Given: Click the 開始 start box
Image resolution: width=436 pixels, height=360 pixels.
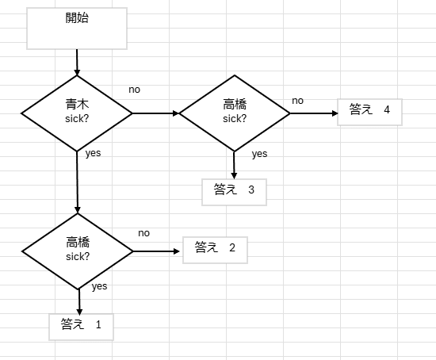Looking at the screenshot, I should pos(77,29).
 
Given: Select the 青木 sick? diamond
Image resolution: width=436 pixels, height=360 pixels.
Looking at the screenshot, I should pos(77,113).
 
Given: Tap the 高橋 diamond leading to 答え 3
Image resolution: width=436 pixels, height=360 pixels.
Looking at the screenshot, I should pos(235,113).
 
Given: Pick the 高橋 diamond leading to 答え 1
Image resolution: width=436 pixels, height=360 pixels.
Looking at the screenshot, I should pos(78,251).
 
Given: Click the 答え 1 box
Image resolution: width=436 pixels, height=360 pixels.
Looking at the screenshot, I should pos(81,326).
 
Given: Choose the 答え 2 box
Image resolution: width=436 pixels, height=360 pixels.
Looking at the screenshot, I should pos(215,249).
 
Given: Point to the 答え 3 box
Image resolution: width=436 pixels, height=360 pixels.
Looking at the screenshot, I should pos(234,190).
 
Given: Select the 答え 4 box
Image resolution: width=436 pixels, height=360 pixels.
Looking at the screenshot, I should pos(369,111).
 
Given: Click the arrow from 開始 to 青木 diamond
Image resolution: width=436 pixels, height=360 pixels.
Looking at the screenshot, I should pos(77,62).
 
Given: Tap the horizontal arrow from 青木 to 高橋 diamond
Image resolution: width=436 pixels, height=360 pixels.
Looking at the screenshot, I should pos(156,113).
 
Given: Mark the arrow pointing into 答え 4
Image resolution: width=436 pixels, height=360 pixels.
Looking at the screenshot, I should pos(313,113).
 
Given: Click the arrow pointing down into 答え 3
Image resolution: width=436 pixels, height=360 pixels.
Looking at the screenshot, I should pos(235,164).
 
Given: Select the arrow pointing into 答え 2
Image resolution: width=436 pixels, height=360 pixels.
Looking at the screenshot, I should pos(158,251).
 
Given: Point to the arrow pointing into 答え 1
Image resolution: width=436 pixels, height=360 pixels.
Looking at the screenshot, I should pos(79,301).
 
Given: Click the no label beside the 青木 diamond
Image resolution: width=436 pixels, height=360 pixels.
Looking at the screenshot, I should pos(135,90).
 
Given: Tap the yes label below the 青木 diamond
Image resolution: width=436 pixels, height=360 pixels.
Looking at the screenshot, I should pos(94,153).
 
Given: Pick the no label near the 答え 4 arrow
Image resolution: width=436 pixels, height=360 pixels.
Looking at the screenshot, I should pos(298,101).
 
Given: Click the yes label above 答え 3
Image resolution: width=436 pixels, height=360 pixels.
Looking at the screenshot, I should pos(259,154).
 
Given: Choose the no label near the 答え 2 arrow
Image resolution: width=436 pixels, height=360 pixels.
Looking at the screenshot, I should pos(143,233).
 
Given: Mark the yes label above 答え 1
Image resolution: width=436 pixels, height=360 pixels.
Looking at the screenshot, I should pos(100,286).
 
